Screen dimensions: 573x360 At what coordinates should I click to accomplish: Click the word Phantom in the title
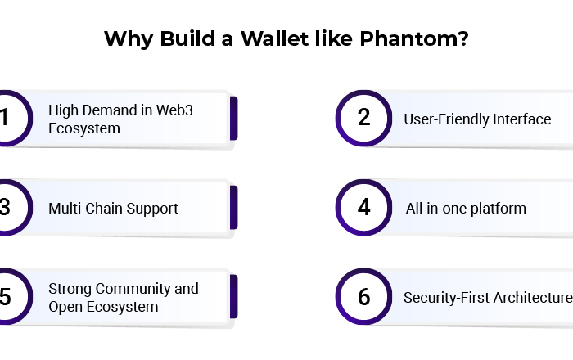(x=414, y=38)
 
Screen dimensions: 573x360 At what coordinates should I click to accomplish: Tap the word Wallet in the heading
(x=274, y=38)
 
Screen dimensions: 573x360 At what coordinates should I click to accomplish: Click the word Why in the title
(x=129, y=39)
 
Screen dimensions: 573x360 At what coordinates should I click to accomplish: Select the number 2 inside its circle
(x=363, y=118)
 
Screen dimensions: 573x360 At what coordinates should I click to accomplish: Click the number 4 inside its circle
(x=364, y=207)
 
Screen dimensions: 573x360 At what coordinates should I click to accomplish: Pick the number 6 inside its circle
(x=364, y=296)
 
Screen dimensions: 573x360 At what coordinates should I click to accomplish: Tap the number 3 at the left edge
(x=5, y=207)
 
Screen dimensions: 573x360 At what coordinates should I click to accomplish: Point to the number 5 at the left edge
(x=5, y=296)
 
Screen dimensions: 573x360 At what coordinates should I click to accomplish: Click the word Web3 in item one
(x=174, y=110)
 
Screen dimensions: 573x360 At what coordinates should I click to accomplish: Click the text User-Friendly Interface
(x=477, y=119)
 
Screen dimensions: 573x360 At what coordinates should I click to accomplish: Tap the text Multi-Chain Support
(x=113, y=209)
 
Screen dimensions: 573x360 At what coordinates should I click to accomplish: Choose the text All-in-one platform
(x=466, y=209)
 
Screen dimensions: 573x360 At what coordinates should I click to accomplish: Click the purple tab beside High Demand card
(x=234, y=119)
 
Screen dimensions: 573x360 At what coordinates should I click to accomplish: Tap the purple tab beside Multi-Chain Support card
(x=234, y=208)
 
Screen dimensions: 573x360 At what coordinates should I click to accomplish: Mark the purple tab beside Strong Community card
(x=234, y=296)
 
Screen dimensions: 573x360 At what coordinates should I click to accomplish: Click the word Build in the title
(x=187, y=38)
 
